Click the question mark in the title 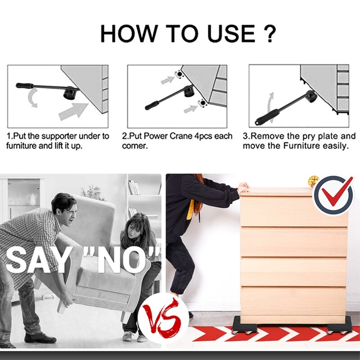[x=267, y=33]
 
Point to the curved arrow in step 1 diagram [x=31, y=99]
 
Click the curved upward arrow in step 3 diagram [x=270, y=103]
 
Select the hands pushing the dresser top [x=243, y=187]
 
